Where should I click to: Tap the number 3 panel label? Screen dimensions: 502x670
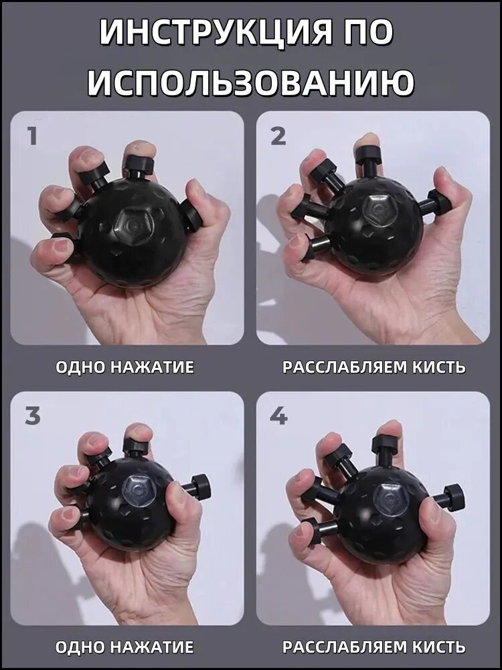click(x=32, y=417)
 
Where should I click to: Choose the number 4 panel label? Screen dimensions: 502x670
click(x=278, y=417)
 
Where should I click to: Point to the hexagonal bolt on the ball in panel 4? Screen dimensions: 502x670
click(x=390, y=499)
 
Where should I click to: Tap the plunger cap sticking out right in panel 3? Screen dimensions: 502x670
click(x=201, y=486)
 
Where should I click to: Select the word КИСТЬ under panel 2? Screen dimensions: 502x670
click(x=439, y=367)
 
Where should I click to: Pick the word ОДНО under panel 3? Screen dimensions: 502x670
click(x=81, y=647)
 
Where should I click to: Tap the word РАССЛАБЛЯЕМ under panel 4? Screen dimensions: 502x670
click(x=345, y=647)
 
